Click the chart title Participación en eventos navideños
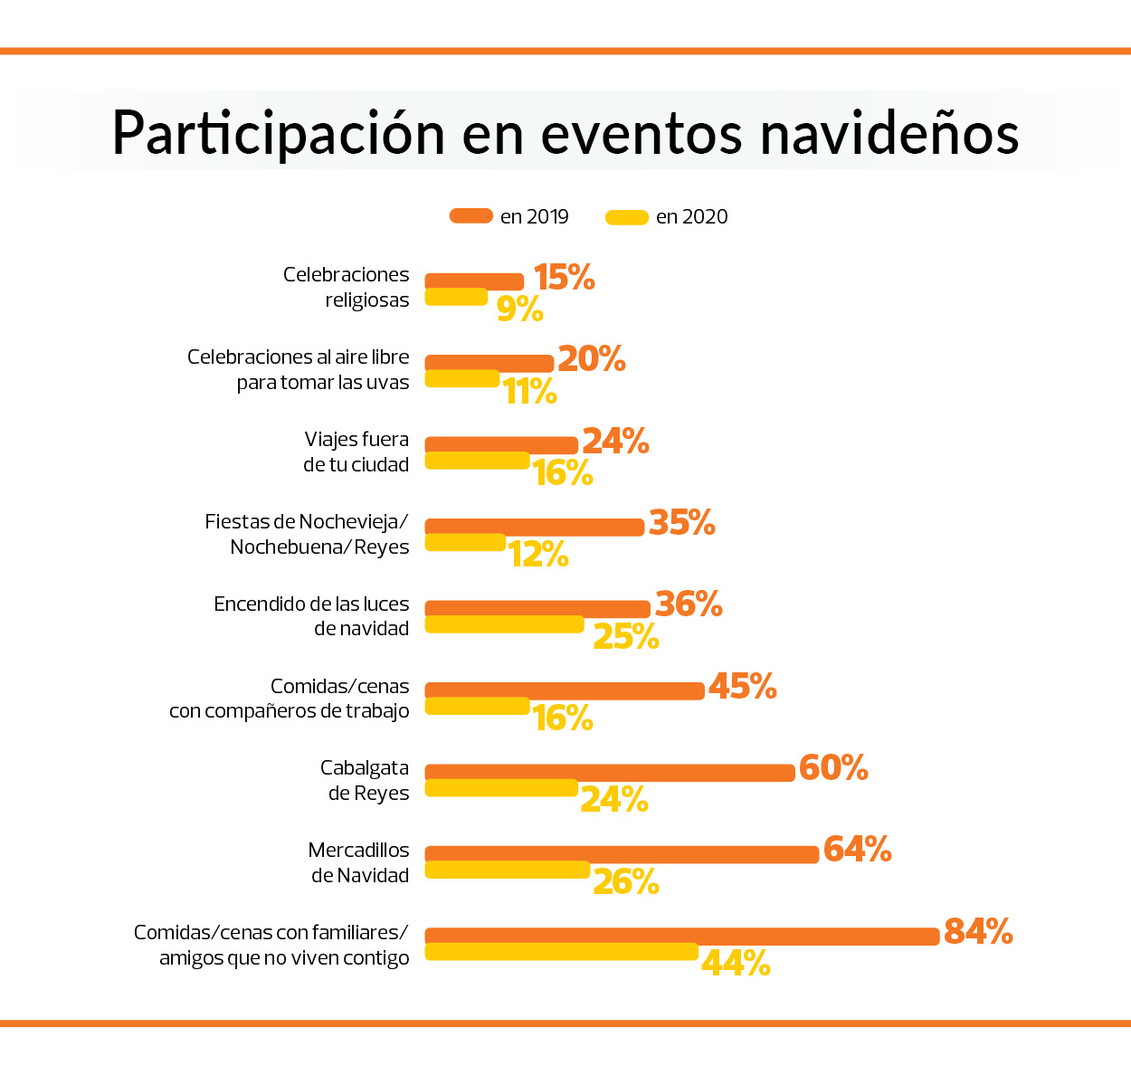565,134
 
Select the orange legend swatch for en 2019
470,216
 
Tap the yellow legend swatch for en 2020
626,217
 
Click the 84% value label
978,931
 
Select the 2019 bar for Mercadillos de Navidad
622,854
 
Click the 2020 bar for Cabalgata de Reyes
501,788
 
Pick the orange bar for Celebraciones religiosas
474,281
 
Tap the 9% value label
519,309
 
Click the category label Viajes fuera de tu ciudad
356,452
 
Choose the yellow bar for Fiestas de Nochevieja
465,542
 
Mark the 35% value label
682,523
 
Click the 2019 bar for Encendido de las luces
537,609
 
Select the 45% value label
742,687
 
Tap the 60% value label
833,768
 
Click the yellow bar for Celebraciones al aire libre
462,378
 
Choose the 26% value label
625,882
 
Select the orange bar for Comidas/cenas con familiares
682,937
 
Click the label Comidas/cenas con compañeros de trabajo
290,699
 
